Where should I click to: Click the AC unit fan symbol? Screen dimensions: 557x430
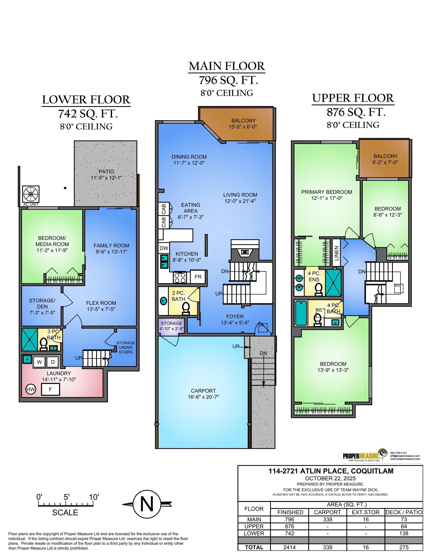(31, 194)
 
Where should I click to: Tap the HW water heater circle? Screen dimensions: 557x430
(31, 389)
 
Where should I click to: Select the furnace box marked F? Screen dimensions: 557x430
(50, 389)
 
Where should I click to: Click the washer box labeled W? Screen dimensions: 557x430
(39, 362)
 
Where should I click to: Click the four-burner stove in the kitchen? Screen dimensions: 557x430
(180, 277)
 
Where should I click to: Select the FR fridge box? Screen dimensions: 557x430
(198, 277)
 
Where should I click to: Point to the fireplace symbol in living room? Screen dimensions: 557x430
(245, 252)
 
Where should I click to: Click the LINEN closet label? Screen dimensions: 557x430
(336, 253)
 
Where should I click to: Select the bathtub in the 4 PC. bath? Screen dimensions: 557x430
(301, 313)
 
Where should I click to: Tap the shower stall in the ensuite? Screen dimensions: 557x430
(333, 283)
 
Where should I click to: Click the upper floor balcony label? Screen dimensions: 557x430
(385, 159)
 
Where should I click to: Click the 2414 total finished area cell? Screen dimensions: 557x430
(289, 547)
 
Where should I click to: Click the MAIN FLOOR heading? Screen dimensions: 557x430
(227, 66)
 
